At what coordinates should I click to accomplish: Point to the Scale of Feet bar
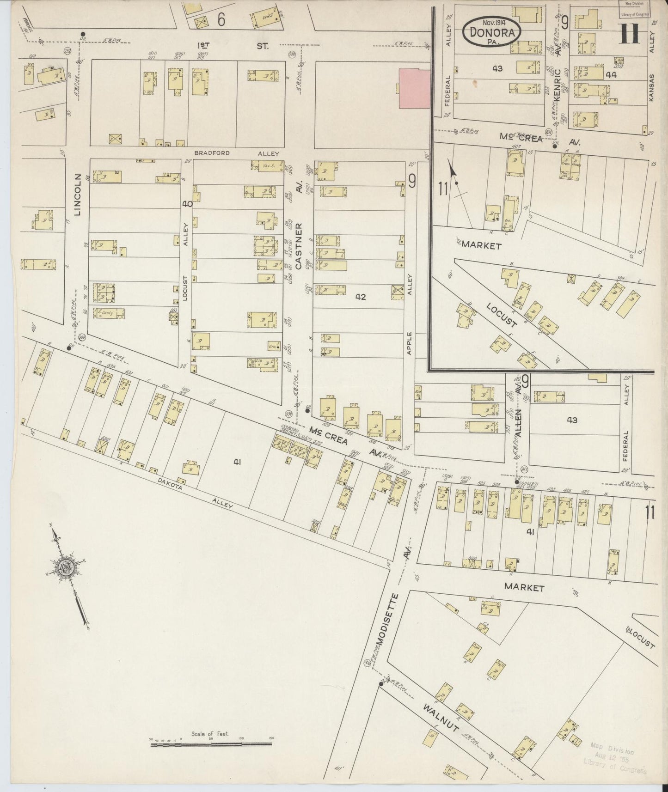(x=212, y=743)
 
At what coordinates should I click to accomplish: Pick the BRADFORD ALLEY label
(x=236, y=153)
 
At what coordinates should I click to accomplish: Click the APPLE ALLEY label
(x=409, y=314)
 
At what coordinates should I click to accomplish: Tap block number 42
(x=361, y=297)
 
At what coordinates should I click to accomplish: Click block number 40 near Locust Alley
(x=187, y=203)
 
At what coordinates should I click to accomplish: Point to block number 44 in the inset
(x=611, y=74)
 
